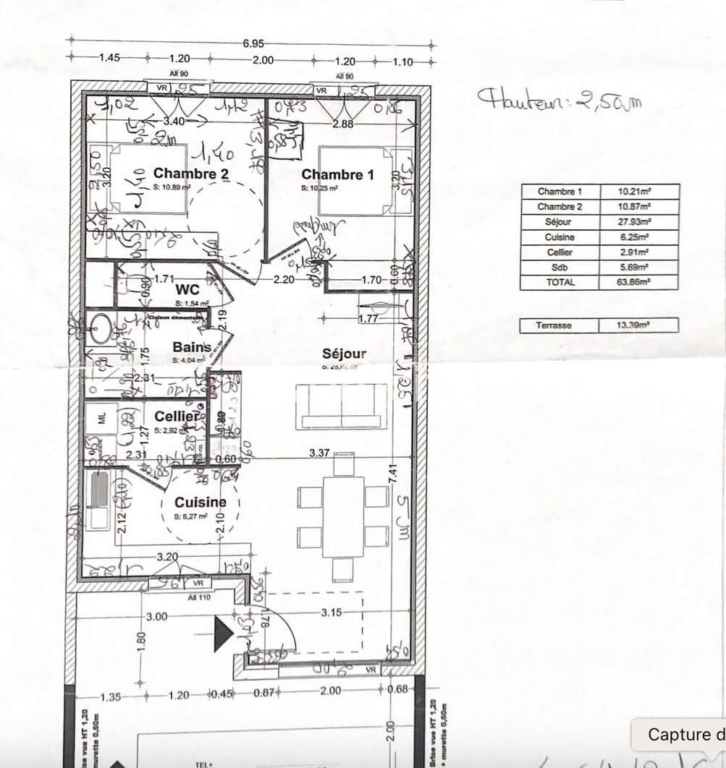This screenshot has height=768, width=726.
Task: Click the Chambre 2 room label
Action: tap(191, 174)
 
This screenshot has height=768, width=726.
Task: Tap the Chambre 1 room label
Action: tap(337, 175)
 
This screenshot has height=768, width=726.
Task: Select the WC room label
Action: tap(187, 290)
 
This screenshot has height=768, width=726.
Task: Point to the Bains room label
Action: tap(191, 348)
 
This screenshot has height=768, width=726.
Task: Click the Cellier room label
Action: tap(177, 417)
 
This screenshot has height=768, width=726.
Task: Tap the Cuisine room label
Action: tap(200, 503)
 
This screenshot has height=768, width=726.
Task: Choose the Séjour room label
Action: tap(344, 354)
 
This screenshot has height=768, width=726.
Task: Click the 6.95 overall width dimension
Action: tap(253, 43)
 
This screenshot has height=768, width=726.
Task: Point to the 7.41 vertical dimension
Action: tap(391, 478)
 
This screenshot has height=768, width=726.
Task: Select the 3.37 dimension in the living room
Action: tap(319, 453)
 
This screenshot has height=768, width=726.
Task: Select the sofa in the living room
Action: tap(341, 406)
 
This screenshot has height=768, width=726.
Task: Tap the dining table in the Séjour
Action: tap(343, 517)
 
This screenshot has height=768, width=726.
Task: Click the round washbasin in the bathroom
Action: tap(101, 329)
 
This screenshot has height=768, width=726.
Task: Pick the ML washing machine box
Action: tap(101, 418)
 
